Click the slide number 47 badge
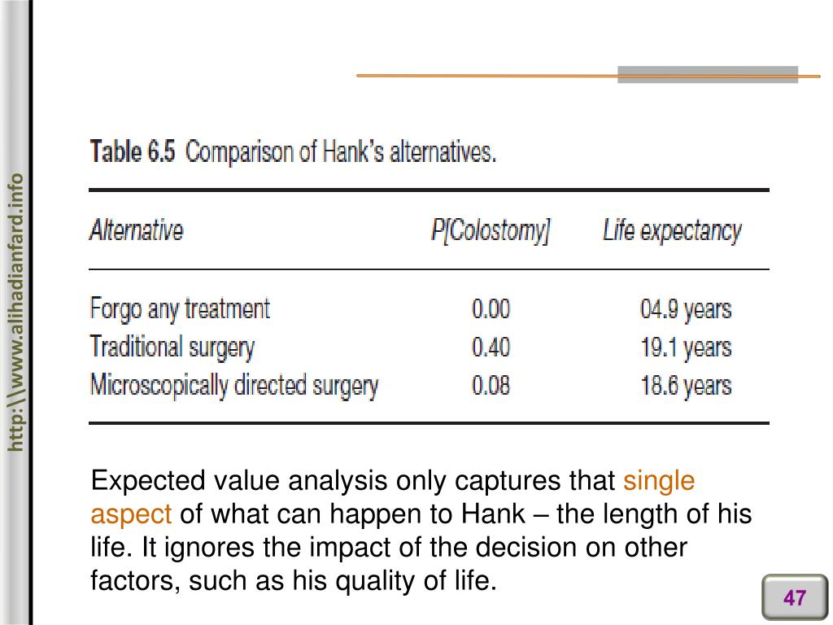(x=794, y=598)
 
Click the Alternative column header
(x=136, y=230)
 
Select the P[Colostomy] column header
(x=491, y=231)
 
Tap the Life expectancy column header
(x=672, y=231)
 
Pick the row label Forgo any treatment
(x=179, y=309)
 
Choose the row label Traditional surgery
(x=172, y=347)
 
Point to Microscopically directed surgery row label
(x=233, y=385)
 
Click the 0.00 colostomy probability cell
(x=491, y=309)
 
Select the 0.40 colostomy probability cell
(x=491, y=347)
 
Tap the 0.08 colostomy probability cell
(x=491, y=385)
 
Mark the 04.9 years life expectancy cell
(x=685, y=309)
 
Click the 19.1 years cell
(x=685, y=347)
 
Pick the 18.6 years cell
(x=685, y=385)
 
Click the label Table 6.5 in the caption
(x=132, y=152)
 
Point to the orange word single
(x=659, y=481)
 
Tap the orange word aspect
(x=131, y=514)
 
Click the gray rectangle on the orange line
(x=707, y=75)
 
